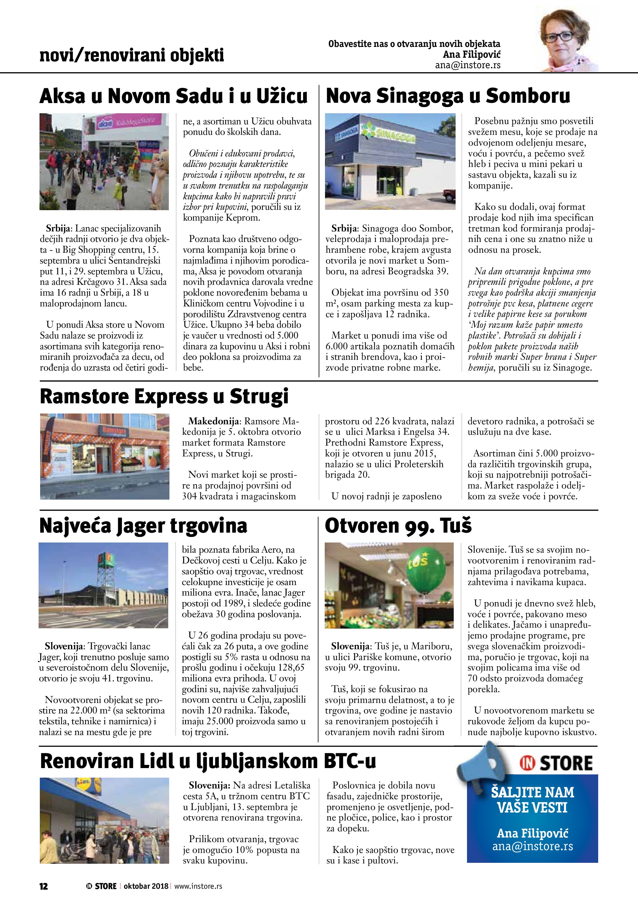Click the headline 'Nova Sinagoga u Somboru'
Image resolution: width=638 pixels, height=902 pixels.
point(448,96)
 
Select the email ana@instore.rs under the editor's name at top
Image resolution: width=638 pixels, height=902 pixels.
point(468,65)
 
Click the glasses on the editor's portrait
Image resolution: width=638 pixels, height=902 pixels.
point(557,38)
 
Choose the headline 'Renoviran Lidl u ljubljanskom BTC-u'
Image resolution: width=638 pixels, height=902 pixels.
point(208,761)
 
